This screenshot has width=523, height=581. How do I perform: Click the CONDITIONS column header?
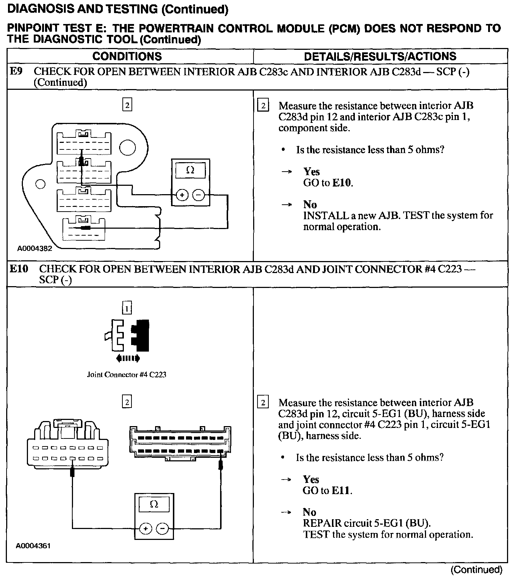pos(127,56)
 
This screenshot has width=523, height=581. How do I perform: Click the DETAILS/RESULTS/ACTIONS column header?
pos(380,56)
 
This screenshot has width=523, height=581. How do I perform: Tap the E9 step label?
pos(16,71)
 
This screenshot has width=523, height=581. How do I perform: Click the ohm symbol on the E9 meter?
pos(190,170)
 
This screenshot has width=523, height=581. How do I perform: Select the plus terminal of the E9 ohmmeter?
pos(182,195)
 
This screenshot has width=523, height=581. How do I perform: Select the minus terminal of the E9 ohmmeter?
pos(198,195)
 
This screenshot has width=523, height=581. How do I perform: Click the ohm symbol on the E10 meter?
pos(154,504)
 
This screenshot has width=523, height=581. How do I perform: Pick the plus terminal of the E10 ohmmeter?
pos(145,528)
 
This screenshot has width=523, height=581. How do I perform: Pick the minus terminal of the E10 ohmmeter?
pos(162,528)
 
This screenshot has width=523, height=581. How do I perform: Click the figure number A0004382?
pos(35,249)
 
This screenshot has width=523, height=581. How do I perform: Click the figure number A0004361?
pos(33,546)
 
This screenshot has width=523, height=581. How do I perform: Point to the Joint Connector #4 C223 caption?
pos(126,374)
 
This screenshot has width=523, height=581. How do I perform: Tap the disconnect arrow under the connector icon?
pos(127,358)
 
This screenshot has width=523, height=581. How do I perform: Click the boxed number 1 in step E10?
pos(127,309)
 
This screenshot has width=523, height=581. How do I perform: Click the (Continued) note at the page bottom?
pos(476,570)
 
